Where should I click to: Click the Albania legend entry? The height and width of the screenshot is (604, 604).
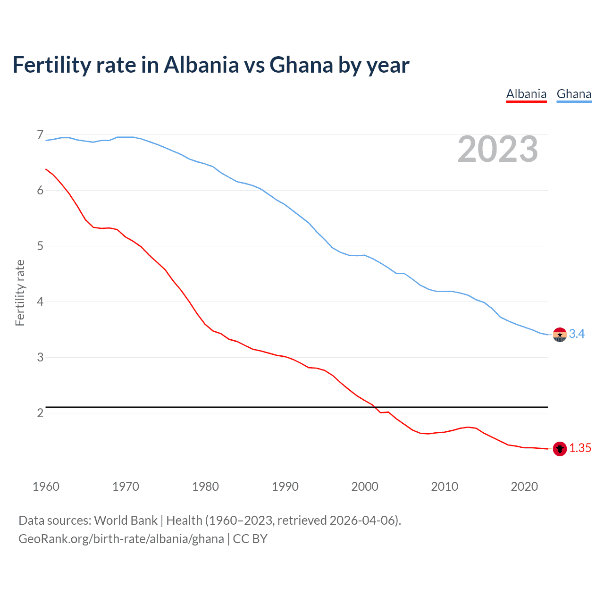coord(526,94)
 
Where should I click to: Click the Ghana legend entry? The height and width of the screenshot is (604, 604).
coord(574,94)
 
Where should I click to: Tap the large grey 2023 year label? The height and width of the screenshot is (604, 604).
coord(498,149)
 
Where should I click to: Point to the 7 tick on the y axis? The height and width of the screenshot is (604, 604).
coord(40,135)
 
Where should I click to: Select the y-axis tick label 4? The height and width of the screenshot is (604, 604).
coord(40,302)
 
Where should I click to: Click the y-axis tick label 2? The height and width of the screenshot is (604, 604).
coord(40,413)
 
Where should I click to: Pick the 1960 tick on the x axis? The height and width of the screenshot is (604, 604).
coord(46,487)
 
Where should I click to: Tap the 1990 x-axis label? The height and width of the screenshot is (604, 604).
coord(285,487)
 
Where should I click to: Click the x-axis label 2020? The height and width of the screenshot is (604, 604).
coord(524,487)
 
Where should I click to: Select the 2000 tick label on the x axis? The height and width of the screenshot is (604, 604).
coord(365,487)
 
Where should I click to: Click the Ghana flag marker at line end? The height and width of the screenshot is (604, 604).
coord(560,334)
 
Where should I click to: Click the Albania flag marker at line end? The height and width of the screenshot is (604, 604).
coord(560,448)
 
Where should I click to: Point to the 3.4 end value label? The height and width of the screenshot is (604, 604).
coord(577,334)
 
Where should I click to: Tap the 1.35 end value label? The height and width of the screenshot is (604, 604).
coord(580,448)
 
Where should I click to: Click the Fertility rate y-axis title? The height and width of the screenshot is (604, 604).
coord(20,293)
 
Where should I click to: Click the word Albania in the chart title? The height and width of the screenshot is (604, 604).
coord(201,65)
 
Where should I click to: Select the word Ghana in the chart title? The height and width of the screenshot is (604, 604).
coord(301,65)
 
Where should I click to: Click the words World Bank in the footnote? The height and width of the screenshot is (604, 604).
coord(126,520)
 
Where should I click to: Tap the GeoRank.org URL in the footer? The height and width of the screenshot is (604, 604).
coord(121,539)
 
